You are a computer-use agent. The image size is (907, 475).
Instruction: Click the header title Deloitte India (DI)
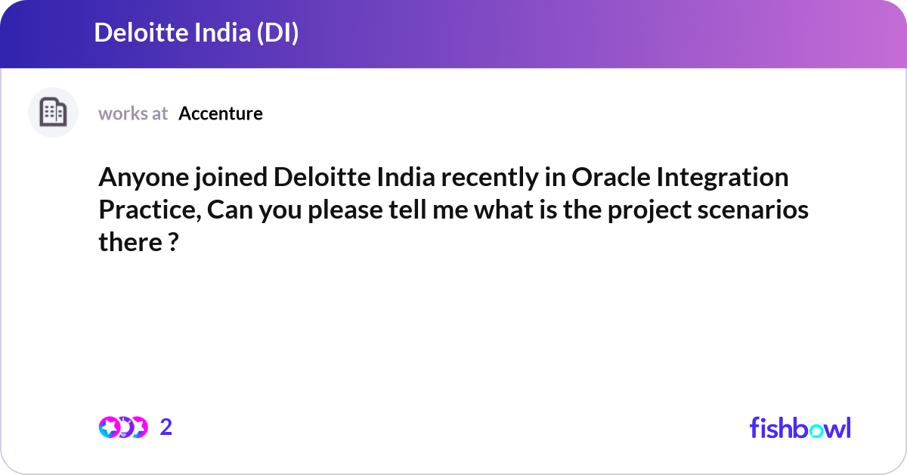[196, 33]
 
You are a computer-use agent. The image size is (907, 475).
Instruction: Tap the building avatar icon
[53, 113]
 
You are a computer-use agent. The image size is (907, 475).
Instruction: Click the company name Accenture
[221, 113]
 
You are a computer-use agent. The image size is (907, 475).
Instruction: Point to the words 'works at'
[133, 113]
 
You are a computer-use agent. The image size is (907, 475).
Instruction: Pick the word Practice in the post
[148, 210]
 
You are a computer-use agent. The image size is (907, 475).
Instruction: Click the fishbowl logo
[800, 427]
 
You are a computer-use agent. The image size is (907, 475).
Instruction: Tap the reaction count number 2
[166, 427]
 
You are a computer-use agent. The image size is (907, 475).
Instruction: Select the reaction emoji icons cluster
[122, 427]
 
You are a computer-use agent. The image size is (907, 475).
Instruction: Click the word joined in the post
[228, 179]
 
